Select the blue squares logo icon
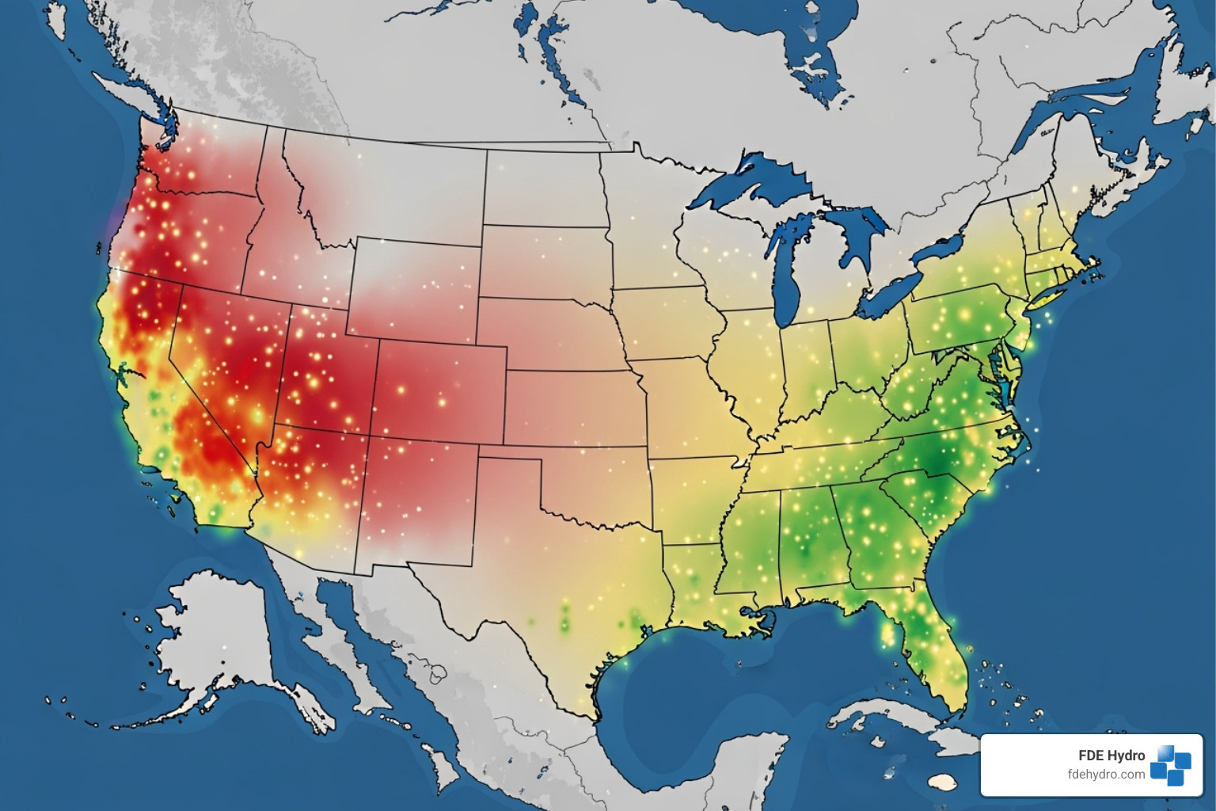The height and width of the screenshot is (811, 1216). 1170,764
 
